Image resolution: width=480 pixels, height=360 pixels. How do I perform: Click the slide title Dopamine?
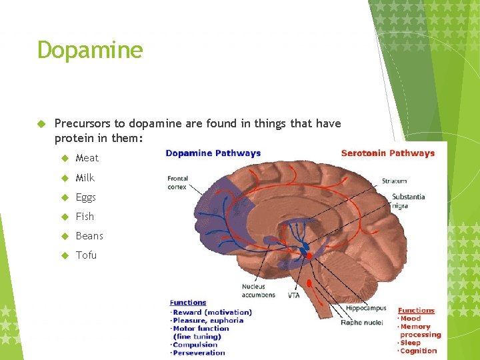coord(90,50)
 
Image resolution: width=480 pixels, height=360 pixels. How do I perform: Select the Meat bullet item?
coord(87,158)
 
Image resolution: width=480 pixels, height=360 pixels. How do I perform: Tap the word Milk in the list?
coord(85,177)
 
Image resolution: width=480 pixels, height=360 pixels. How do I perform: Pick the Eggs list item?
coord(86,197)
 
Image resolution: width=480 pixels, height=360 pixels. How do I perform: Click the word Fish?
coord(85,217)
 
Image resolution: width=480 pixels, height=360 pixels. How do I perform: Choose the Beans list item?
coord(89,236)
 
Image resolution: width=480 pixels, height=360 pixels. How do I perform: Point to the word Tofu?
coord(86,255)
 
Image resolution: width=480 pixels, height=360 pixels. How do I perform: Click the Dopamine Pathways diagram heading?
coord(213,153)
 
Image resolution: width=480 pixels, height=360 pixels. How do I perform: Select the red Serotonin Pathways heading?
coord(387,153)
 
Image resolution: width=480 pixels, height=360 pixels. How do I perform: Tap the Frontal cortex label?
coord(178,183)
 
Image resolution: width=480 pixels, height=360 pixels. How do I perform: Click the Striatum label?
coord(394,181)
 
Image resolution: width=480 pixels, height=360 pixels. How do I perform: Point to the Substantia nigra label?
coord(408,201)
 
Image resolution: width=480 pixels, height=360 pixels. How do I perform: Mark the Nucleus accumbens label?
coord(254,291)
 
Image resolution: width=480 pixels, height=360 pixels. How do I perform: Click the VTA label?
coord(293,295)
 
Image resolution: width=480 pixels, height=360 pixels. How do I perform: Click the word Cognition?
coord(418,351)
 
